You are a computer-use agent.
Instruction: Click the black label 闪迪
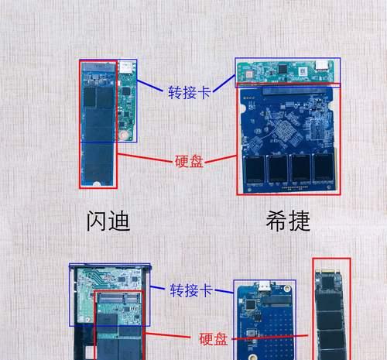pos(108,221)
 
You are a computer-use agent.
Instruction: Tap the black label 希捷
pos(288,221)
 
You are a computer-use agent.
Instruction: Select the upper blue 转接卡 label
pos(190,92)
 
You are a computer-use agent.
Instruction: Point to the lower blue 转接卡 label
pos(191,290)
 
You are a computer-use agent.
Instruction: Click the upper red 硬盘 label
pos(189,162)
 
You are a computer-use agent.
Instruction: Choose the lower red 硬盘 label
pos(213,339)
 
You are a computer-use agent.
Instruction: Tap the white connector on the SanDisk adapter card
pos(126,67)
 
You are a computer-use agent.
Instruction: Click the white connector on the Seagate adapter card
pos(321,65)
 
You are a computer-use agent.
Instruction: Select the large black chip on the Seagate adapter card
pos(283,69)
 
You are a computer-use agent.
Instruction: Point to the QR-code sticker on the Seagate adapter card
pos(302,71)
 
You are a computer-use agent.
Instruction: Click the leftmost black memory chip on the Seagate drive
pos(254,169)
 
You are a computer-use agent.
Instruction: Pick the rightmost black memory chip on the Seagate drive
pos(324,168)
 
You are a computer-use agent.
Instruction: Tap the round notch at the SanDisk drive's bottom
pos(97,184)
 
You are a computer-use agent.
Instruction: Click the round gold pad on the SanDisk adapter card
pos(124,135)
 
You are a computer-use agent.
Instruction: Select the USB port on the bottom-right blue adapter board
pos(264,285)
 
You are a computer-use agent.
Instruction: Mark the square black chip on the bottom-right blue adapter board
pos(250,304)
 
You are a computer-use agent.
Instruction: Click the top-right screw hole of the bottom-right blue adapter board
pos(287,288)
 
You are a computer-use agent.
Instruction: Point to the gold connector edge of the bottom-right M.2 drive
pos(328,272)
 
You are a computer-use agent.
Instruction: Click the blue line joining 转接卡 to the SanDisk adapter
pos(150,86)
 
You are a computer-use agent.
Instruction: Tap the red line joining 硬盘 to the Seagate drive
pos(221,159)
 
